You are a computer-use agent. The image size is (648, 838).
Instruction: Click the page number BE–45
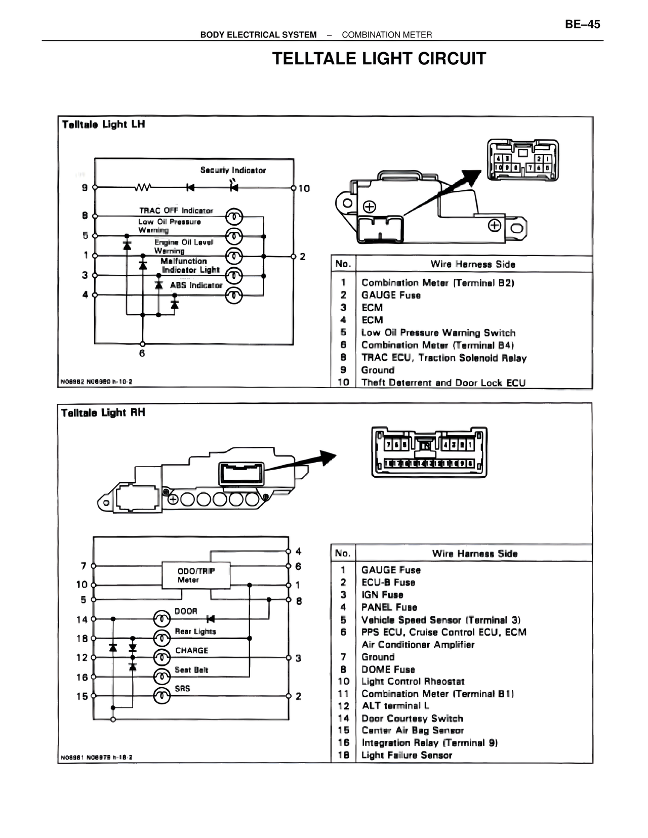[x=582, y=24]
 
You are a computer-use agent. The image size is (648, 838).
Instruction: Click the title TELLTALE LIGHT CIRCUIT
[x=379, y=59]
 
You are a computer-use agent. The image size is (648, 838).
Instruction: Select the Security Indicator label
[x=233, y=170]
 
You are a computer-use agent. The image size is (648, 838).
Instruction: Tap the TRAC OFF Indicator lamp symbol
[x=234, y=217]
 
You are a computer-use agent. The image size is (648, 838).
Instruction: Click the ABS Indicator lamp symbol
[x=234, y=295]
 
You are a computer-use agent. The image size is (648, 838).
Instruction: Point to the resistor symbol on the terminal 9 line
[x=143, y=188]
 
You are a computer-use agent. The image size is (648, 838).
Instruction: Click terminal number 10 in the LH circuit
[x=304, y=188]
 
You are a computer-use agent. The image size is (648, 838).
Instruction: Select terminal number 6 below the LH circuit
[x=142, y=353]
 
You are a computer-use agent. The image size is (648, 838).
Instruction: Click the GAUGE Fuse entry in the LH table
[x=391, y=295]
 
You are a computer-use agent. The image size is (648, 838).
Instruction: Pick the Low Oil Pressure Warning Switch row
[x=438, y=332]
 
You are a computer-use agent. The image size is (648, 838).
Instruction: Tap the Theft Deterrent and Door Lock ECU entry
[x=443, y=383]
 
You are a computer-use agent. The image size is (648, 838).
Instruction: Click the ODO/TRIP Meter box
[x=196, y=575]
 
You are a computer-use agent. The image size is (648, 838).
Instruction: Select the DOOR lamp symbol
[x=162, y=618]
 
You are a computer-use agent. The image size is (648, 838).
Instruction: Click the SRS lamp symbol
[x=162, y=696]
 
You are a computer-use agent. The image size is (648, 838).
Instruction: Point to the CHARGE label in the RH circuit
[x=191, y=651]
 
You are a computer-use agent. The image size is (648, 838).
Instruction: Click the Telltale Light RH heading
[x=103, y=413]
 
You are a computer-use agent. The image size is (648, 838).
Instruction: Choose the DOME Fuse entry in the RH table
[x=388, y=669]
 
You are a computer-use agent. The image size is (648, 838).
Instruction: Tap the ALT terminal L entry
[x=395, y=706]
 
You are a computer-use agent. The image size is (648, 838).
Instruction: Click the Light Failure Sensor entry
[x=407, y=755]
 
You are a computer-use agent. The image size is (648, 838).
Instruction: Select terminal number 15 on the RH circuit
[x=82, y=696]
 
